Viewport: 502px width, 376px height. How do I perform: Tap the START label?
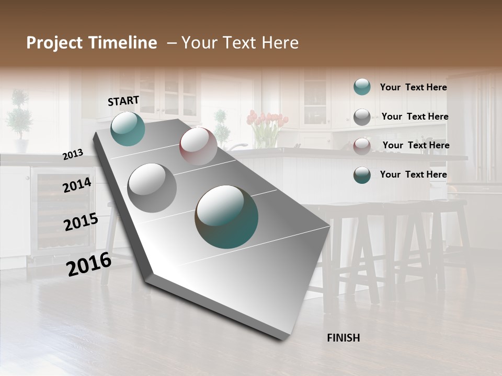pos(123,101)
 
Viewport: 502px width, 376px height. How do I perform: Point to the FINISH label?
pos(343,338)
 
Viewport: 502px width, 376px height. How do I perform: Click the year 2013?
pos(73,155)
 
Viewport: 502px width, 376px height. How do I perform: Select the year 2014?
pos(77,185)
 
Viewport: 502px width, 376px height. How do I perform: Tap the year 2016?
pos(88,264)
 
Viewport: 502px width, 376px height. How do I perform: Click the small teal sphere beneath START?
pos(128,128)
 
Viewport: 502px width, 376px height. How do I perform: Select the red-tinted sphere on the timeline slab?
pos(198,146)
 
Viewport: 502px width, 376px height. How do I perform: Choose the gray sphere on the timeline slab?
pos(152,187)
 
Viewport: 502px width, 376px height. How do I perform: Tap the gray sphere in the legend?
pos(362,117)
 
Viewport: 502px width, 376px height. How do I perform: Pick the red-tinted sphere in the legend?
pos(362,146)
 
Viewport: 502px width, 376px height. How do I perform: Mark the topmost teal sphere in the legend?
pos(362,87)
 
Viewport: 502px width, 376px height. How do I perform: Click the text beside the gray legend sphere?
pos(415,116)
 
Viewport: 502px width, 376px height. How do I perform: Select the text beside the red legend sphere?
pos(416,145)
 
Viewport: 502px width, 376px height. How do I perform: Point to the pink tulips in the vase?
pos(267,121)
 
